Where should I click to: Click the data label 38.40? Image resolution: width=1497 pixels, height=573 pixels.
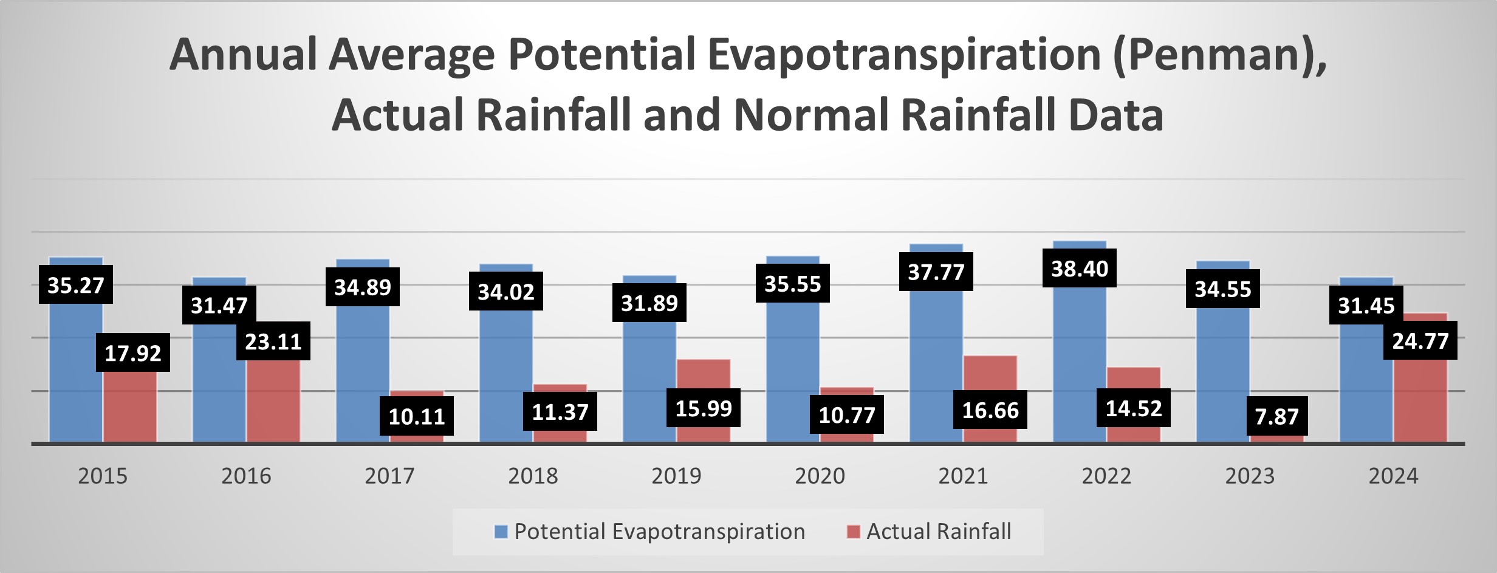click(1080, 269)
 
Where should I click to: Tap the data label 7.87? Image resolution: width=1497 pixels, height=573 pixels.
click(1276, 416)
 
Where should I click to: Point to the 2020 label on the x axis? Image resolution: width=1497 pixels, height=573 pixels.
click(820, 476)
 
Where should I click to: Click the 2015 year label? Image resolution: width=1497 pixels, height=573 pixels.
click(103, 476)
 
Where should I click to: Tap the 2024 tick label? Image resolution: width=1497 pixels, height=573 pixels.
click(1393, 476)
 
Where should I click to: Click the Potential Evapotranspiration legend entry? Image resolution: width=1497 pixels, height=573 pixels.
click(659, 532)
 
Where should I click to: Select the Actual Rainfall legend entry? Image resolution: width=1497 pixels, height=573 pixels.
click(938, 532)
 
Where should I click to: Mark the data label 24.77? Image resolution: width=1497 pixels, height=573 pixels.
click(1420, 340)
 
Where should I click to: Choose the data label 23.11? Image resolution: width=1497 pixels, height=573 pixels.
click(273, 341)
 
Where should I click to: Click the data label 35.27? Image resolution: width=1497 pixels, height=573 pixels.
click(76, 284)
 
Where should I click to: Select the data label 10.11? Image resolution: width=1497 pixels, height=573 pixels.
click(417, 416)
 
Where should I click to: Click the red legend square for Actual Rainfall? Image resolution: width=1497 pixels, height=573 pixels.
click(854, 532)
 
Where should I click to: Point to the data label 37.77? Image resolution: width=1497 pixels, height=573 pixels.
click(936, 272)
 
